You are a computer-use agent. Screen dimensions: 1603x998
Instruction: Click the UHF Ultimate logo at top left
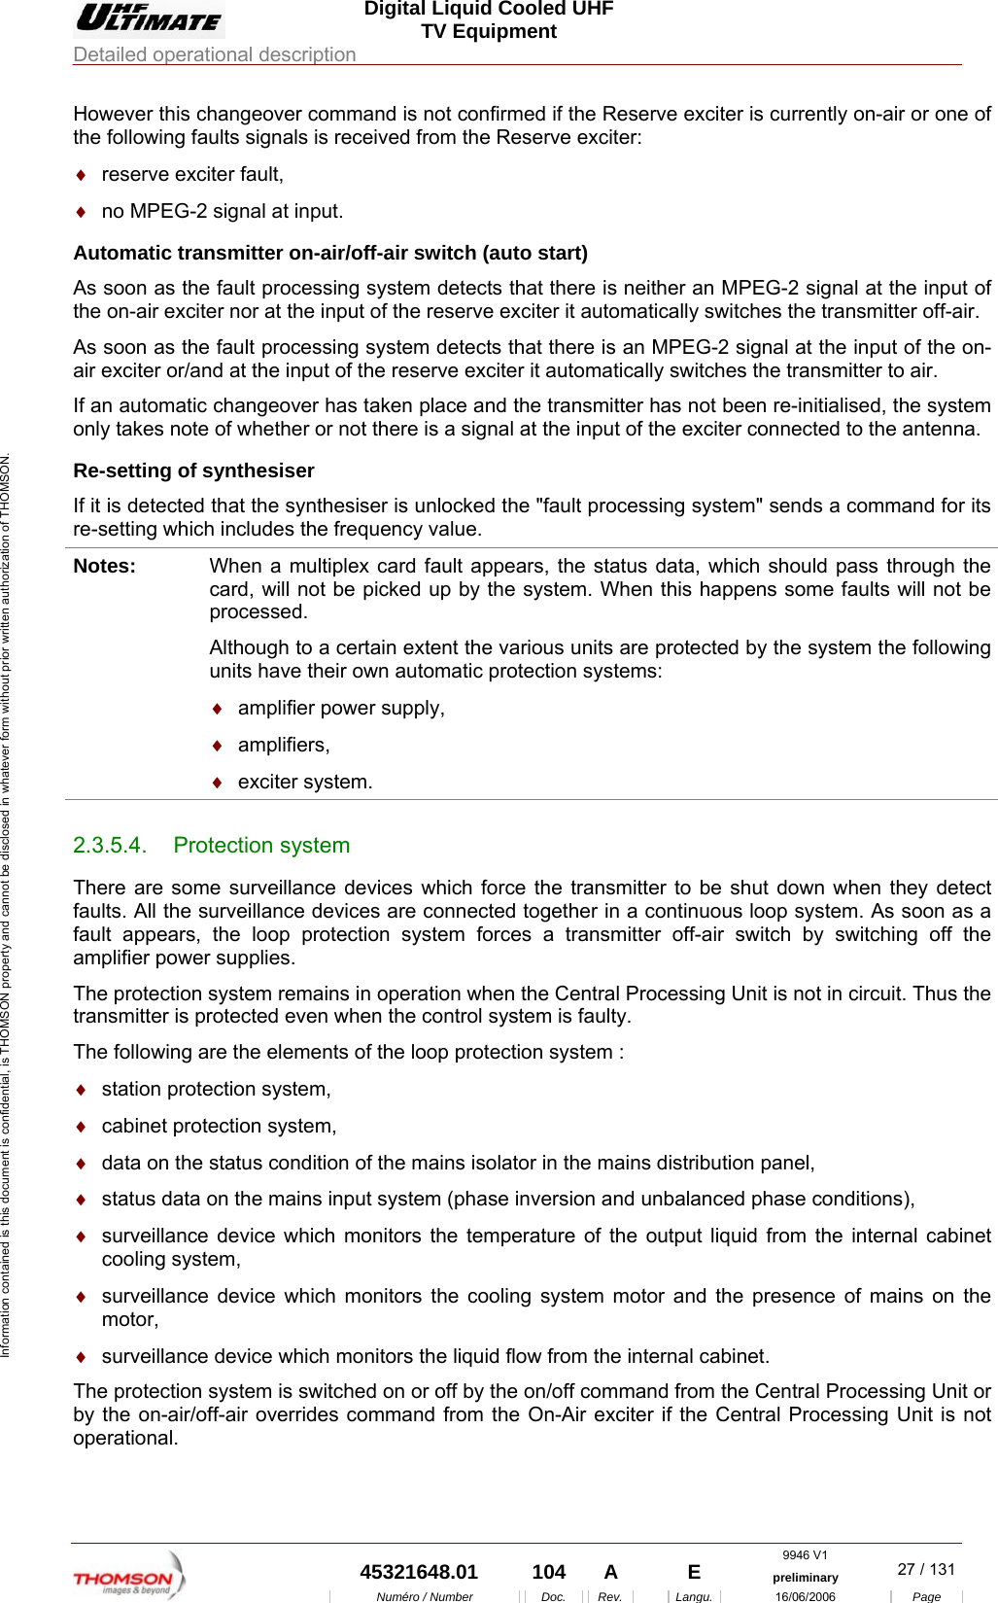click(149, 18)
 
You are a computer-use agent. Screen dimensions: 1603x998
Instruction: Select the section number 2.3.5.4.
click(109, 846)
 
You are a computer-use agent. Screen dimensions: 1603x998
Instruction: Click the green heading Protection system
click(261, 846)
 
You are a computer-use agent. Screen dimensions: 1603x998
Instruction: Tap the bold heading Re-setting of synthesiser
click(193, 470)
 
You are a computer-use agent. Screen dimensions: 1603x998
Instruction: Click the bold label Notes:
click(105, 566)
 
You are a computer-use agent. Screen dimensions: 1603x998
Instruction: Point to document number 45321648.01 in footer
click(419, 1572)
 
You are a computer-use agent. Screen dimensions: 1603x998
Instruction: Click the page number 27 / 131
click(926, 1569)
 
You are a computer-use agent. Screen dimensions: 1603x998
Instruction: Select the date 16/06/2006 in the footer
click(805, 1596)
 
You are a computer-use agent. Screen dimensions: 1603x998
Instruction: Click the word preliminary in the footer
click(805, 1578)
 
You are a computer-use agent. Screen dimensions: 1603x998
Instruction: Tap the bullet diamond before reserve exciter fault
click(82, 175)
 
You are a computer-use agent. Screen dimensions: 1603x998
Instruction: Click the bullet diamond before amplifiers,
click(218, 746)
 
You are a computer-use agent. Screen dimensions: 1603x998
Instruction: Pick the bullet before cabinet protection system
click(82, 1127)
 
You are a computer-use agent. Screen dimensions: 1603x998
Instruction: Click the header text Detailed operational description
click(215, 54)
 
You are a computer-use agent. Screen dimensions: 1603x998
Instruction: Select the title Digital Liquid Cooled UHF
click(489, 9)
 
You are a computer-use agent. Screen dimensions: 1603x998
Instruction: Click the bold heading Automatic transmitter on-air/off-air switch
click(330, 253)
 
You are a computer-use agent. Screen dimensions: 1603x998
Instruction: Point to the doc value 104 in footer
click(549, 1572)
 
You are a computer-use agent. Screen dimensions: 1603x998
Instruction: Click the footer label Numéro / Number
click(424, 1596)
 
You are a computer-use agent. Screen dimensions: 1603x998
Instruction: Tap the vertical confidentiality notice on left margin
click(6, 904)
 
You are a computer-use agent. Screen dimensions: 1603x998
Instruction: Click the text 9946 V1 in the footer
click(805, 1555)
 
